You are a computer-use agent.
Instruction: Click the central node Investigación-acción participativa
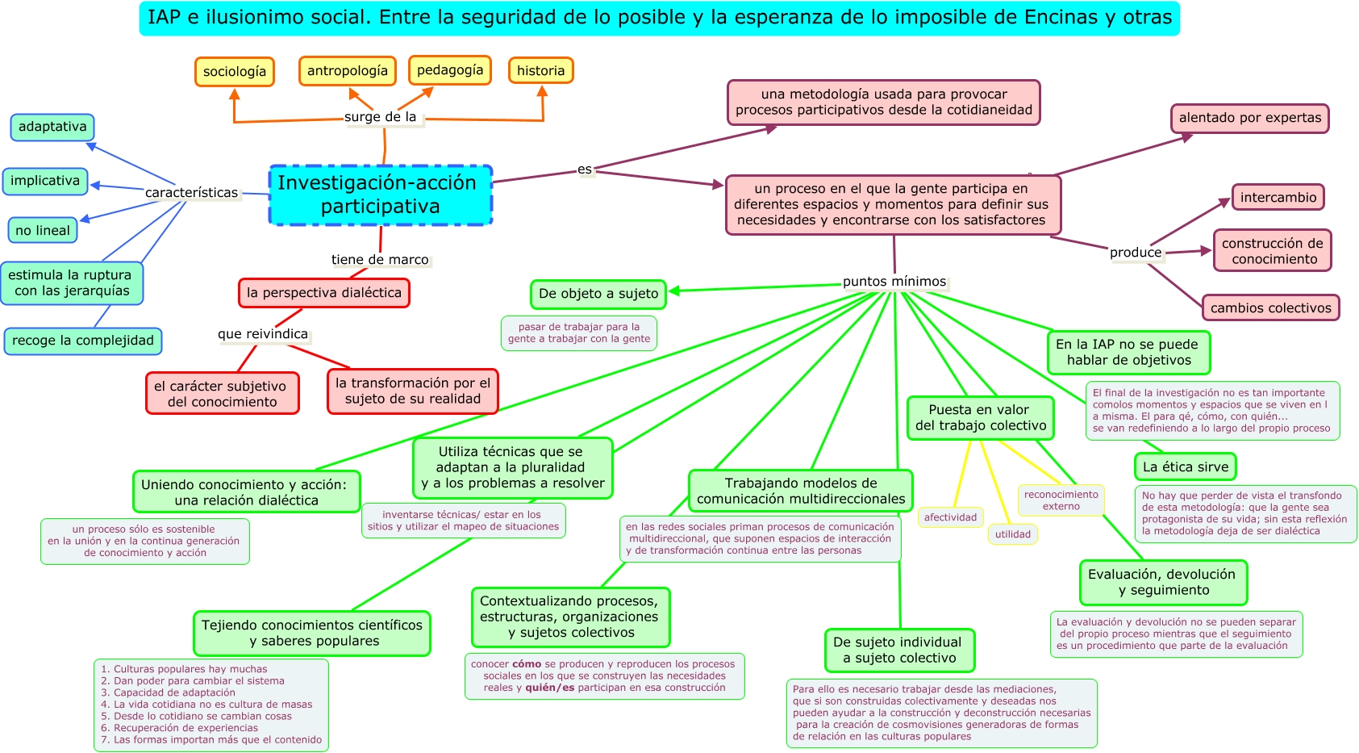coord(380,195)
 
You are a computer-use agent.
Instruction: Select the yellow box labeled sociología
coord(235,72)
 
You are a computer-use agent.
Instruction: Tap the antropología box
coord(347,71)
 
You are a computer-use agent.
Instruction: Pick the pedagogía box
coord(450,70)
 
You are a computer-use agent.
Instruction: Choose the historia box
coord(540,71)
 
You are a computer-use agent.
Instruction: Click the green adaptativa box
coord(52,127)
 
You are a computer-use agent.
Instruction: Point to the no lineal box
coord(43,230)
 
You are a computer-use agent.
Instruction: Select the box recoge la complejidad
coord(83,341)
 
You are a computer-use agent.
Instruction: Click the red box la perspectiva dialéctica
coord(324,292)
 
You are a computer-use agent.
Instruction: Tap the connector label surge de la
coord(380,117)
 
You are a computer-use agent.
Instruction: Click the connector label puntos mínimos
coord(894,282)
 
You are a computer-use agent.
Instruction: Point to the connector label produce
coord(1136,253)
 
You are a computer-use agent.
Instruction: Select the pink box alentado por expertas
coord(1250,118)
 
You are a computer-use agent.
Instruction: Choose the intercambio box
coord(1278,197)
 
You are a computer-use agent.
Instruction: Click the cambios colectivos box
coord(1271,307)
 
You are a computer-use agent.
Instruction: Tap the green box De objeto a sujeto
coord(598,294)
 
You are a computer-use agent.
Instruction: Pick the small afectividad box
coord(950,517)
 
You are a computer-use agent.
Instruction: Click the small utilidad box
coord(1013,534)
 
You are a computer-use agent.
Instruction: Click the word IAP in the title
coord(164,18)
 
